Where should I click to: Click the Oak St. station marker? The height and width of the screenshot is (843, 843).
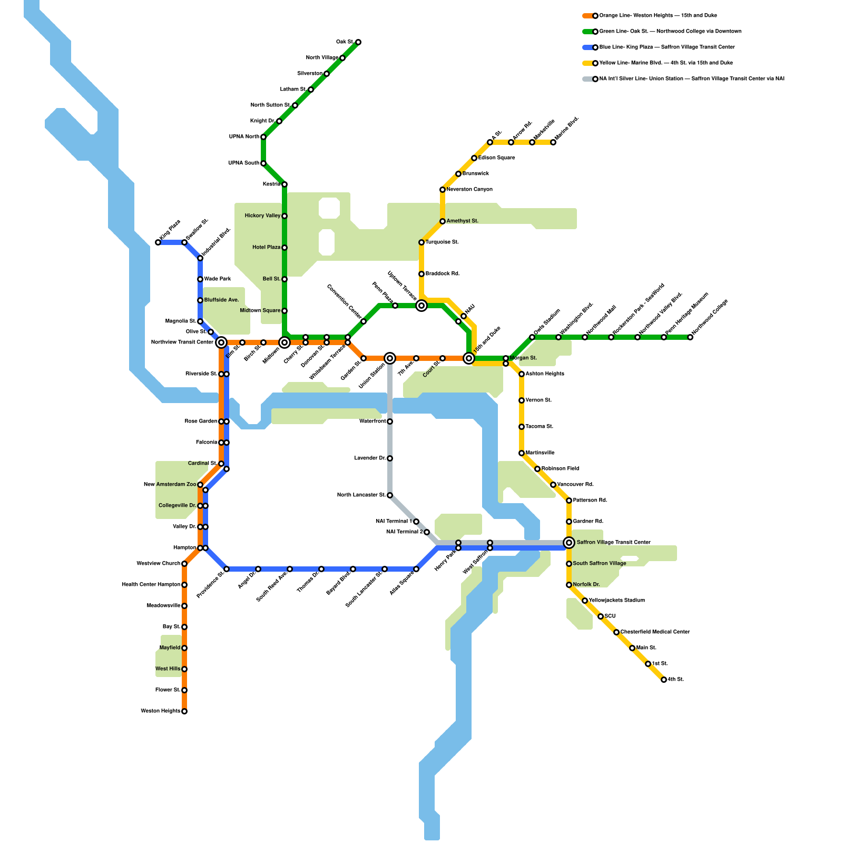tap(358, 42)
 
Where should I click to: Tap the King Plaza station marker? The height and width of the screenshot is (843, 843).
tap(158, 242)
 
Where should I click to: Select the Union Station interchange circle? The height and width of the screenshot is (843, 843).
tap(390, 358)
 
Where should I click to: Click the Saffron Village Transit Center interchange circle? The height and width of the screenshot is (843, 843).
tap(569, 543)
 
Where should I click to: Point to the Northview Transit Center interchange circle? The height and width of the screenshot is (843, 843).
tap(221, 342)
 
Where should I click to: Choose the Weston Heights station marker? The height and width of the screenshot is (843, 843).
tap(184, 711)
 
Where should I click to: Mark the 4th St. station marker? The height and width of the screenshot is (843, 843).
tap(664, 680)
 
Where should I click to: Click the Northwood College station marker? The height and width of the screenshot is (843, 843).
tap(690, 337)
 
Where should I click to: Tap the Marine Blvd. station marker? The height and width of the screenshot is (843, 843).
tap(553, 142)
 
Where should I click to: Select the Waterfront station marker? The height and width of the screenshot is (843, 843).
tap(390, 421)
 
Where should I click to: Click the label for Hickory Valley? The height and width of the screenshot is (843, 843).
tap(262, 216)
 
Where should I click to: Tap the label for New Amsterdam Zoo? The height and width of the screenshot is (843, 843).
tap(170, 485)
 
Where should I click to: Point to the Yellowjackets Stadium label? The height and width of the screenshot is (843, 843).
tap(616, 601)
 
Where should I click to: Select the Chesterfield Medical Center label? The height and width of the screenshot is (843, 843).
tap(655, 632)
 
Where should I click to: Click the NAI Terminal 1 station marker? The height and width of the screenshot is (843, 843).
tap(416, 522)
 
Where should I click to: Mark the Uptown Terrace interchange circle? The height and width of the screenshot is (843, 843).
tap(421, 306)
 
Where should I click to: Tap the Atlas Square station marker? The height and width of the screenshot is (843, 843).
tap(416, 569)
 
